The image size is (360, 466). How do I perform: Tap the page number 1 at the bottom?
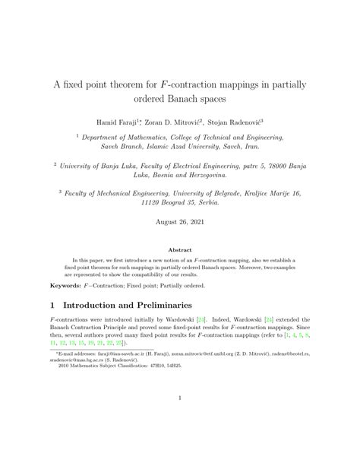click(x=180, y=419)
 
